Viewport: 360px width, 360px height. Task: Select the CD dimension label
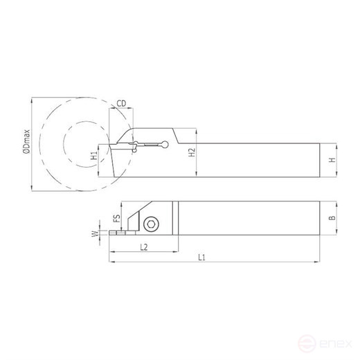[x=122, y=104]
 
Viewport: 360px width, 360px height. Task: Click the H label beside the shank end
[x=332, y=159]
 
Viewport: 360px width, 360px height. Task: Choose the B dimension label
[x=332, y=217]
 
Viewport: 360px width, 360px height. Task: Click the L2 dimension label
[x=143, y=246]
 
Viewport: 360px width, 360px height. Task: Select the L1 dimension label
[x=201, y=258]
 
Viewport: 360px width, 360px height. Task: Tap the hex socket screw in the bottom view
[x=151, y=223]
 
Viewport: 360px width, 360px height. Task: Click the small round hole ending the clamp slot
[x=163, y=145]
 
